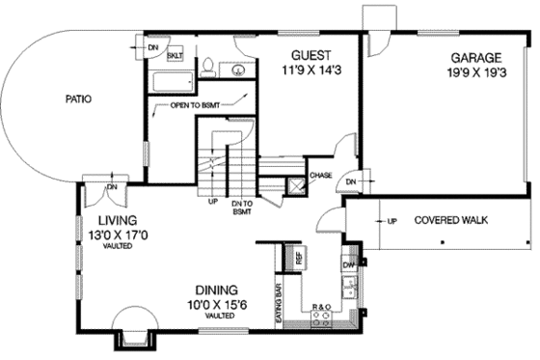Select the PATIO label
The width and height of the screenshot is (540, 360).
pyautogui.click(x=78, y=98)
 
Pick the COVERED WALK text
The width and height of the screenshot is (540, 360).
pyautogui.click(x=450, y=220)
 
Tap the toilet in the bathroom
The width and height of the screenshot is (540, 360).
pyautogui.click(x=206, y=67)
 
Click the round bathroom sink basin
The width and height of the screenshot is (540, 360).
pyautogui.click(x=234, y=69)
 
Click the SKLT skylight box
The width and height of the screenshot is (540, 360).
pyautogui.click(x=175, y=56)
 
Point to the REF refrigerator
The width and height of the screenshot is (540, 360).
pyautogui.click(x=299, y=258)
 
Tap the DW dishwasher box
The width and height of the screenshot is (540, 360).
pyautogui.click(x=348, y=263)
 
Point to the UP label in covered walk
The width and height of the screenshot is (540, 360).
pyautogui.click(x=392, y=220)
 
